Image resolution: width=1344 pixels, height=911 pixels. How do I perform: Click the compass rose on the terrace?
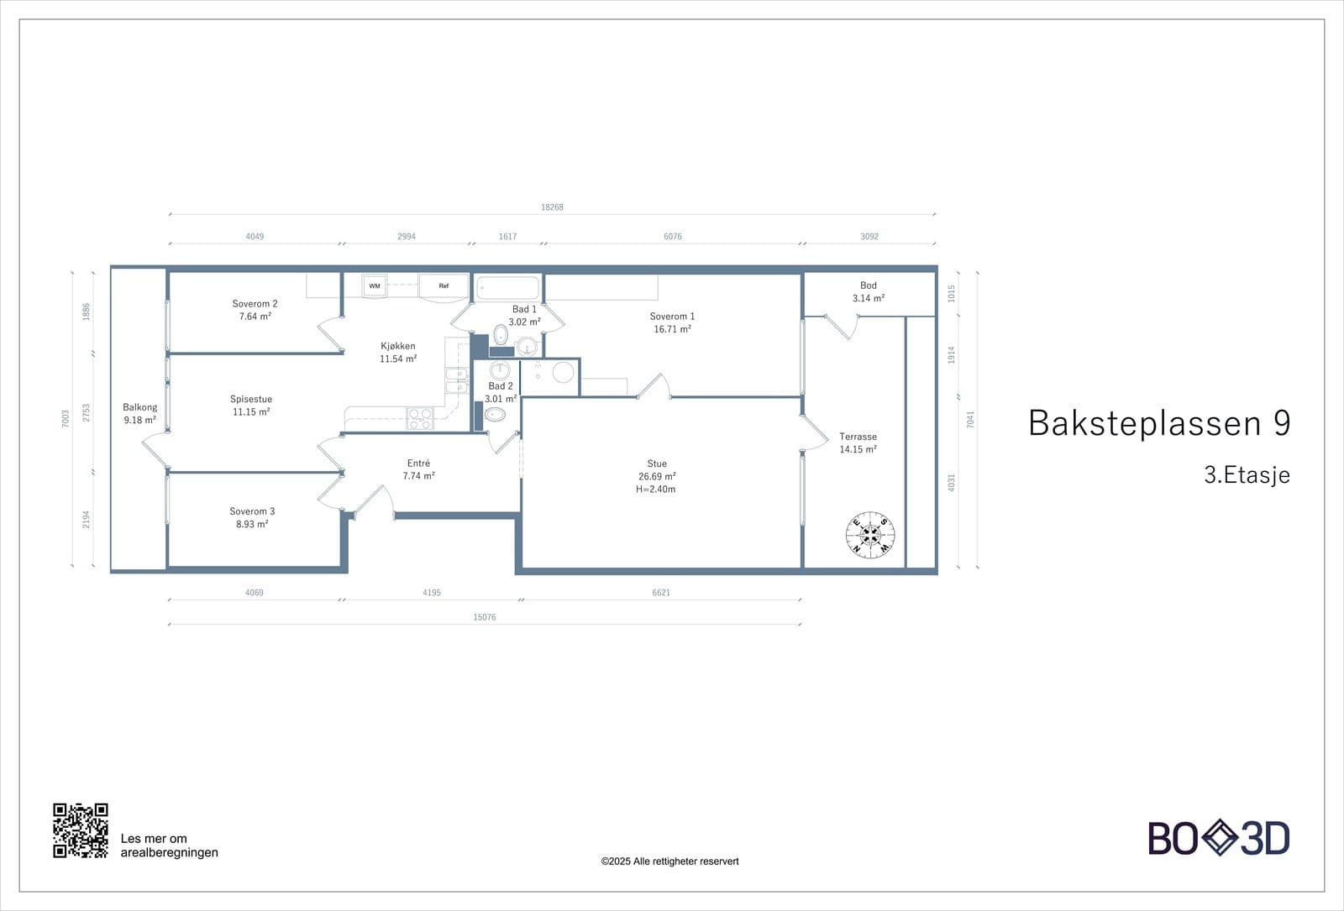click(870, 535)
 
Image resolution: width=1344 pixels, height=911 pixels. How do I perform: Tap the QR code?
click(81, 830)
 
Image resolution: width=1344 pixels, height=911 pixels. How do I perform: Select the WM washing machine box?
click(375, 286)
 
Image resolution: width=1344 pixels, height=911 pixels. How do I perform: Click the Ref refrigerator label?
click(444, 286)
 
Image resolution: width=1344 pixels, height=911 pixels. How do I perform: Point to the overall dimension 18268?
click(552, 207)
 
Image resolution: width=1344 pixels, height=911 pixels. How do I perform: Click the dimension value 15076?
click(485, 617)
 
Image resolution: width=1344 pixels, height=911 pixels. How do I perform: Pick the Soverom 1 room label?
click(672, 317)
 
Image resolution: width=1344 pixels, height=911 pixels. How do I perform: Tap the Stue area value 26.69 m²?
click(657, 476)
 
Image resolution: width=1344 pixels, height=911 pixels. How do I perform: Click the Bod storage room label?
click(869, 285)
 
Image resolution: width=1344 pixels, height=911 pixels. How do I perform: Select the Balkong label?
click(139, 407)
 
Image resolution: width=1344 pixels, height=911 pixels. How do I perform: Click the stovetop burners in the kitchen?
click(420, 418)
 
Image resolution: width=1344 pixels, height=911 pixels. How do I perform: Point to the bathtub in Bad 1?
click(507, 288)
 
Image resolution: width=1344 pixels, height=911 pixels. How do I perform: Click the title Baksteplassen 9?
click(1159, 423)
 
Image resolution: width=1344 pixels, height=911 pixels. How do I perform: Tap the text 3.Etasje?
click(1247, 475)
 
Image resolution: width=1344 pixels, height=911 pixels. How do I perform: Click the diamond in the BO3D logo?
click(1219, 837)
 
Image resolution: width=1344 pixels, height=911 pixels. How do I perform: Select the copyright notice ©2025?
click(669, 861)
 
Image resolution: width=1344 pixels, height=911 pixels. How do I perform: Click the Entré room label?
click(418, 463)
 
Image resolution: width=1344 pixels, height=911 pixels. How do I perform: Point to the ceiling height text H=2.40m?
click(656, 490)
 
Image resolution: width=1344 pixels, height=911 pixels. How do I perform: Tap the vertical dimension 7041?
click(970, 419)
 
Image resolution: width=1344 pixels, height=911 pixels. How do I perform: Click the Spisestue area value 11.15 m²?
click(251, 412)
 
